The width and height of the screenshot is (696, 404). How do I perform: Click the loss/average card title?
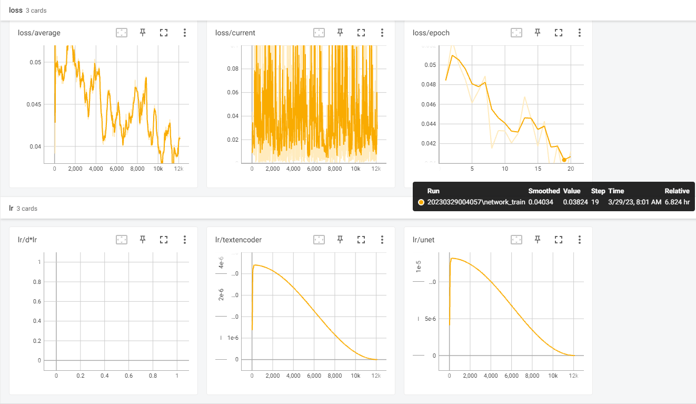coord(39,33)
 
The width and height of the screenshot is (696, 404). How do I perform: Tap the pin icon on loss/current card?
coord(340,32)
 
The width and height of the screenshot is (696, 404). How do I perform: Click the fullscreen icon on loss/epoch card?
coord(559,33)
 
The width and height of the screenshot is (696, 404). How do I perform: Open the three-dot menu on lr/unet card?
coord(579,240)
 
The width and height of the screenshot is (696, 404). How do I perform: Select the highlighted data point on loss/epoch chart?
coord(564,160)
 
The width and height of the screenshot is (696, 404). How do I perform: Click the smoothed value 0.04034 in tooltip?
coord(541,202)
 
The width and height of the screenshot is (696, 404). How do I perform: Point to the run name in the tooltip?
coord(476,202)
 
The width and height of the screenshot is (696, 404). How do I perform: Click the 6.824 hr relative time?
coord(677,202)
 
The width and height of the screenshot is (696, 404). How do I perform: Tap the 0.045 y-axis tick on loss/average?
coord(34,104)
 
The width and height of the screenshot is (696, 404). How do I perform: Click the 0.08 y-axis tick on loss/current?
coord(233,68)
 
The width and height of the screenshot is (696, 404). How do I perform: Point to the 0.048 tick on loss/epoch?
coord(429,84)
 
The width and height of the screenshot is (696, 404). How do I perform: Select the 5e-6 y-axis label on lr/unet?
coord(430,319)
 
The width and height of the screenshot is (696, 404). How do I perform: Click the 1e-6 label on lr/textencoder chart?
coord(233,338)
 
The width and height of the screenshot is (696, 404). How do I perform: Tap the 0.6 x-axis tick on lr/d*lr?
coord(128,376)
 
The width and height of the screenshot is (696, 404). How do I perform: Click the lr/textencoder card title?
coord(238,240)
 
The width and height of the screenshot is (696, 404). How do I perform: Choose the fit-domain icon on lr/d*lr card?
coord(122,240)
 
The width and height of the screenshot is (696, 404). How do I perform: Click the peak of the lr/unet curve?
coord(452,258)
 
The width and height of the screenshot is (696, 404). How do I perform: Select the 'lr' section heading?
coord(11,208)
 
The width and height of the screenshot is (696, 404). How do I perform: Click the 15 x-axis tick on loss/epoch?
coord(538,169)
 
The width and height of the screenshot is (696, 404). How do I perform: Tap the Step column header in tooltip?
coord(598,191)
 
